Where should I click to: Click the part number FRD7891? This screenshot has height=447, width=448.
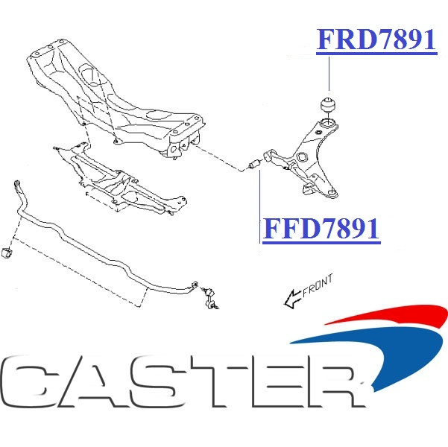[x=376, y=39]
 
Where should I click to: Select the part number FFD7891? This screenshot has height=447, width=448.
[x=321, y=229]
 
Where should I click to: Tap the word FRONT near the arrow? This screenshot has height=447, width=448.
[x=318, y=285]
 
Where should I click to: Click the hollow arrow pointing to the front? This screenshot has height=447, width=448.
[x=292, y=299]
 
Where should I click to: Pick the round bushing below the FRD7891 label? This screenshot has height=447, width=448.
[x=328, y=104]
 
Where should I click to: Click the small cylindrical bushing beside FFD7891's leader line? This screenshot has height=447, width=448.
[x=254, y=164]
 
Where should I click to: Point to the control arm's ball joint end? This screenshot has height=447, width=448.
[x=332, y=193]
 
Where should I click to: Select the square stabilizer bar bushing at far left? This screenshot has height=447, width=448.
[x=7, y=253]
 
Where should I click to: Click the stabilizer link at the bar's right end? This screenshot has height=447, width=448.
[x=210, y=299]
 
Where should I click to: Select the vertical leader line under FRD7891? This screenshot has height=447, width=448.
[x=329, y=74]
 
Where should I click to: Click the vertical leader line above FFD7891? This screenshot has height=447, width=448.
[x=259, y=206]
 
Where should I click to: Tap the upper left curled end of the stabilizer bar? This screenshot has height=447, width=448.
[x=18, y=187]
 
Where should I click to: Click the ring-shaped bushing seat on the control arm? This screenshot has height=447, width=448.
[x=328, y=123]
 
